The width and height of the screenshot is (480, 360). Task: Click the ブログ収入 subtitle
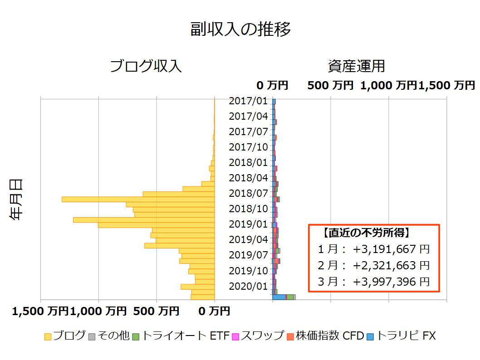pos(146,66)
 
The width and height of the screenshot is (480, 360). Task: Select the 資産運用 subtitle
pos(356,66)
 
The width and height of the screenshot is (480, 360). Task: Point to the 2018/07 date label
pos(248,193)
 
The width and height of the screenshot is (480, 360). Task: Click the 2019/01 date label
pos(248,224)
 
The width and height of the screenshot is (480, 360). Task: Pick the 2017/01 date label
pos(248,101)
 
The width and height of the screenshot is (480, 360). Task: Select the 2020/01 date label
pos(248,286)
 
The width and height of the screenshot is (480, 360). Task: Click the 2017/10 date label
pos(248,147)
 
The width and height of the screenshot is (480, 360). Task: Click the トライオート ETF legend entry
pos(181,336)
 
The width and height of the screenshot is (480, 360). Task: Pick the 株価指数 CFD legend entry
pos(325,336)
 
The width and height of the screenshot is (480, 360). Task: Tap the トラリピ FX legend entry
pos(401,336)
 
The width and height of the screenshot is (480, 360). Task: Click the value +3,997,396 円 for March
pos(391,282)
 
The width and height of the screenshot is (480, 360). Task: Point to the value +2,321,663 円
pos(391,265)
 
